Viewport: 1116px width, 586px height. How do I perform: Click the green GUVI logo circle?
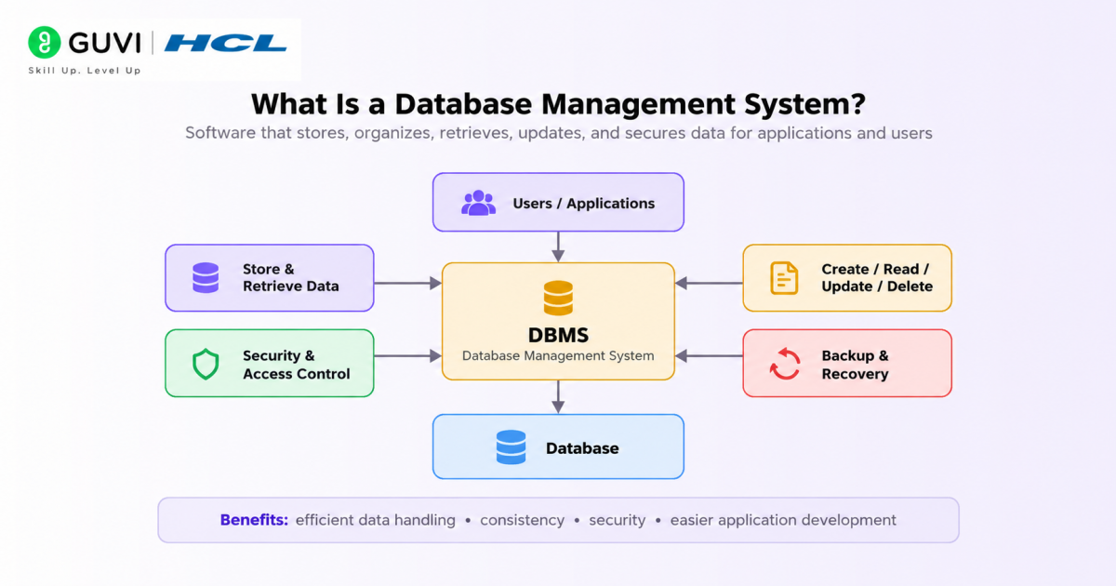(x=45, y=43)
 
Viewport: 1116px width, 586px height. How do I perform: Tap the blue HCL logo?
(x=226, y=43)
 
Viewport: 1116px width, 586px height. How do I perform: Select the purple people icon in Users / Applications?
(x=478, y=203)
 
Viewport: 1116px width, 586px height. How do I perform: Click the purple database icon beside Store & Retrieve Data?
(x=206, y=277)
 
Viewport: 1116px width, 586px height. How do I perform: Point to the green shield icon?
(x=206, y=364)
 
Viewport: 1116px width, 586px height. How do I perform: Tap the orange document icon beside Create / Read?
(x=784, y=278)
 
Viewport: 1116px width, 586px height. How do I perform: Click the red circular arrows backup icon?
(x=785, y=364)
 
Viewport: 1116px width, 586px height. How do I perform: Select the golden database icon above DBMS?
(x=558, y=298)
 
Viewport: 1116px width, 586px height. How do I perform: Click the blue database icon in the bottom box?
(x=511, y=447)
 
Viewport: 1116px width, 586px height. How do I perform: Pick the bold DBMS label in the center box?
(x=558, y=336)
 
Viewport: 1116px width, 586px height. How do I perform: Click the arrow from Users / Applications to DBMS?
(x=558, y=246)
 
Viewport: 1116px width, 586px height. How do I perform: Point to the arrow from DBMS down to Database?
(x=558, y=397)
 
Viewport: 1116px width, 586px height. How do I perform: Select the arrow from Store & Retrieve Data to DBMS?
(x=407, y=284)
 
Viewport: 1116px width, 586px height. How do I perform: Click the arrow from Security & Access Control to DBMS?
(x=407, y=355)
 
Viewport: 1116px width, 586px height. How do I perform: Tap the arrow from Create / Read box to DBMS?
(x=709, y=283)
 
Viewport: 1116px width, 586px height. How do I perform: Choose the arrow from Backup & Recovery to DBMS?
(x=709, y=355)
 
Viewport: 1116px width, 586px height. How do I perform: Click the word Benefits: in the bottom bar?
(x=254, y=520)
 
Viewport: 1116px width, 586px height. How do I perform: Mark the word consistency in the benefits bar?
(x=522, y=520)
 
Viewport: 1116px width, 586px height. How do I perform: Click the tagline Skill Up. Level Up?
(x=85, y=71)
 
